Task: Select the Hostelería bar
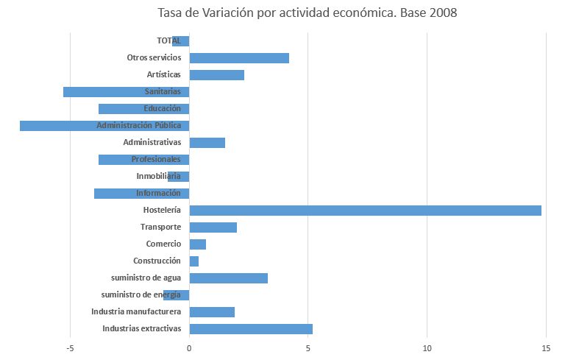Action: [x=365, y=211]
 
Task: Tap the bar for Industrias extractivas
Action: [x=251, y=329]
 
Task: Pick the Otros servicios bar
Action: [x=239, y=58]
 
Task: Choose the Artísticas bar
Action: [x=216, y=75]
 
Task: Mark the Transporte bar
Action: [x=213, y=227]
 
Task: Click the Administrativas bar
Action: [x=207, y=143]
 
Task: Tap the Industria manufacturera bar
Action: [x=212, y=312]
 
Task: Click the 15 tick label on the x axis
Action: [x=546, y=348]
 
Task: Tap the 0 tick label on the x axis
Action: [x=189, y=348]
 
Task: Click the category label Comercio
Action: [x=163, y=244]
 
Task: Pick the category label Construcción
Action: [x=157, y=261]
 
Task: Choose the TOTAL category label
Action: [x=168, y=41]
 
